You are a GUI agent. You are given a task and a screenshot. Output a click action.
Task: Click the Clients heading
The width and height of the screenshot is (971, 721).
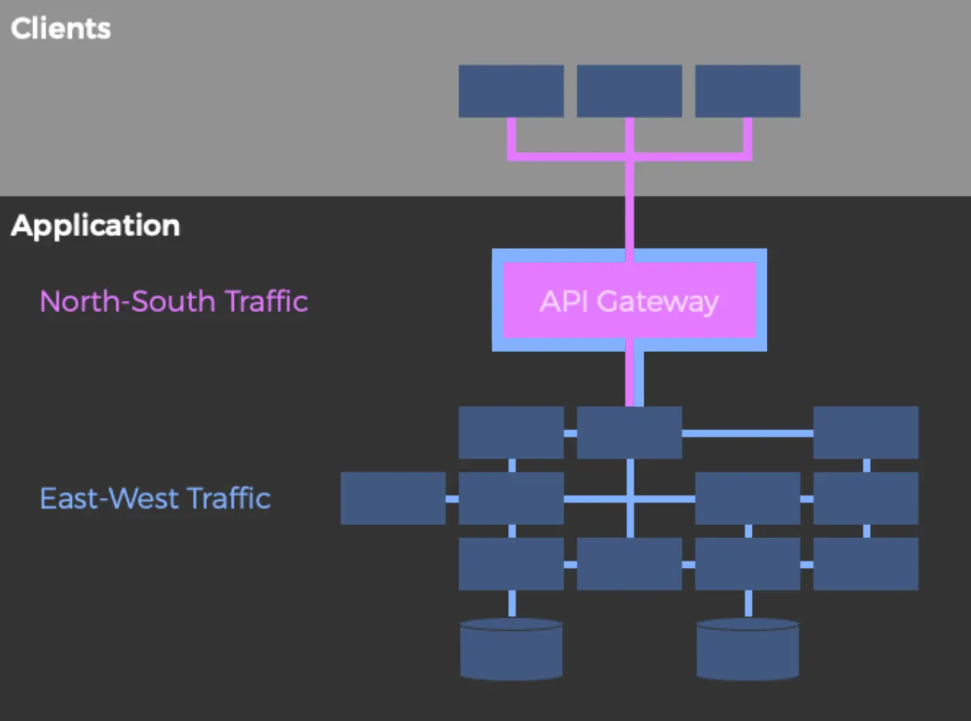[x=61, y=29]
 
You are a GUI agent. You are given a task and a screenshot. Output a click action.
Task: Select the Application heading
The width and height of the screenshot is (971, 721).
[x=96, y=226]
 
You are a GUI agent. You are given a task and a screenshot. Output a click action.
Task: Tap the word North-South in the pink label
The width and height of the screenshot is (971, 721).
[x=128, y=300]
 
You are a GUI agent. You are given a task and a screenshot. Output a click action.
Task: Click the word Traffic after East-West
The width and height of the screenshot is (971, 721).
[x=229, y=498]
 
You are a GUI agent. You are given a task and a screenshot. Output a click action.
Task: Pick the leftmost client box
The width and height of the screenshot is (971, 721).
[x=511, y=91]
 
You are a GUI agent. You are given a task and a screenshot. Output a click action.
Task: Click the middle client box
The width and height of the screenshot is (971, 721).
[x=629, y=91]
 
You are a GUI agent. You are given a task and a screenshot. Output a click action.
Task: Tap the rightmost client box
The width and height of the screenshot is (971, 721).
[x=747, y=91]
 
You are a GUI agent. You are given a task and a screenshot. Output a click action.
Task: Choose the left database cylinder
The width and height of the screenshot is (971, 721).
[x=511, y=649]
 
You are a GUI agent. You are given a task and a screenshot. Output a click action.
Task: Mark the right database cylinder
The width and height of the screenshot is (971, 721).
[x=747, y=649]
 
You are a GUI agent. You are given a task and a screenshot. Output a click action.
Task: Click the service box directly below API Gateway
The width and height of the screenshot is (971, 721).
[x=629, y=433]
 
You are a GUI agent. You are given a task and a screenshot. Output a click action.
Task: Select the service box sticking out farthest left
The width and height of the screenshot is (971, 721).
[x=393, y=499]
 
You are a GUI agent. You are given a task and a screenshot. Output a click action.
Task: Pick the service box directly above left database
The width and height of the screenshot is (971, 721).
[x=511, y=564]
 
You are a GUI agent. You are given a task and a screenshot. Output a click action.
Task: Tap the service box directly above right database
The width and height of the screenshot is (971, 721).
[x=747, y=564]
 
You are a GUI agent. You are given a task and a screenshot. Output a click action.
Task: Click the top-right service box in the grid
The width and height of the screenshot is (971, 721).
[x=865, y=433]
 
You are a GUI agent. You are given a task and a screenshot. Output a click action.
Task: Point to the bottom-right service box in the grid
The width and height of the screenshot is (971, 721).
[x=865, y=564]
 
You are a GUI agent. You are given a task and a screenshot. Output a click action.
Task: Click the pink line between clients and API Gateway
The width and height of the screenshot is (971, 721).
[x=630, y=205]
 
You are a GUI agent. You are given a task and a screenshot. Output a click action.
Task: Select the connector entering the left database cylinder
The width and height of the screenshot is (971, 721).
[x=511, y=604]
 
